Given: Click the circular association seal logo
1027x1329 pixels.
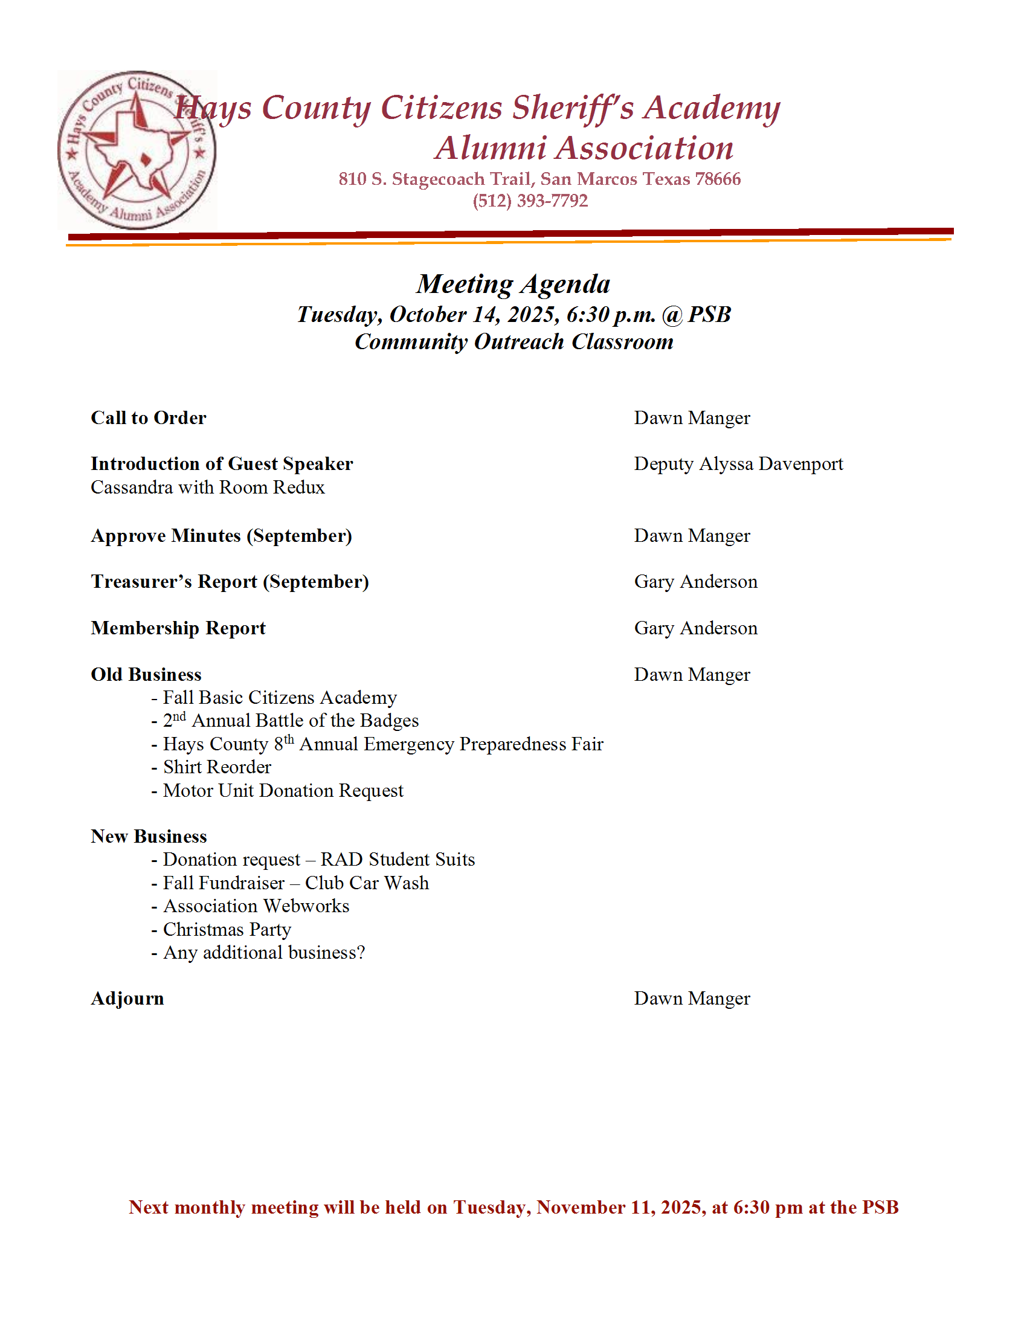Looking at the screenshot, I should pos(137,150).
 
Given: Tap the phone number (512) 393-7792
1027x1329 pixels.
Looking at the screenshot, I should pos(530,201).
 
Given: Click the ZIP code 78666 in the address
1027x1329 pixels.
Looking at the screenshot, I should pos(718,179).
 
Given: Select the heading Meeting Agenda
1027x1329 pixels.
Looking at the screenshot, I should pos(513,284).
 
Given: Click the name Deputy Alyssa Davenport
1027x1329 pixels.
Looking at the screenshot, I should pos(738,464).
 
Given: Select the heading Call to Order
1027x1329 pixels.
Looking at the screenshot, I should pos(149,418).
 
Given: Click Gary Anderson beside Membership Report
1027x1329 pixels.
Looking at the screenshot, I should pos(695,628).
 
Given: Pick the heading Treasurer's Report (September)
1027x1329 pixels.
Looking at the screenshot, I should pos(230,582).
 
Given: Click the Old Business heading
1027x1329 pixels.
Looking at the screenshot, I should pos(146,674).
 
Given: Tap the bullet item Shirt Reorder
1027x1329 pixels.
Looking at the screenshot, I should pos(217,767).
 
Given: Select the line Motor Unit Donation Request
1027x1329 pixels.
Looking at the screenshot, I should pos(283,791).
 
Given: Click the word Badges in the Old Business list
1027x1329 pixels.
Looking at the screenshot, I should pos(390,721).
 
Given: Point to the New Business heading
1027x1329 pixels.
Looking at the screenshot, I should pos(149,837).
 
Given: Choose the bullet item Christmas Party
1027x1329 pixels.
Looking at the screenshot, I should pos(227,930).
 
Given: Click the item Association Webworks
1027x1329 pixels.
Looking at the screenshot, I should pos(256,906).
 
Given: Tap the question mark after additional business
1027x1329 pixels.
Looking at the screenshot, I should pos(361,952).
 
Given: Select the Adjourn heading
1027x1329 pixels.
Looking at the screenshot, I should pos(127,999).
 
